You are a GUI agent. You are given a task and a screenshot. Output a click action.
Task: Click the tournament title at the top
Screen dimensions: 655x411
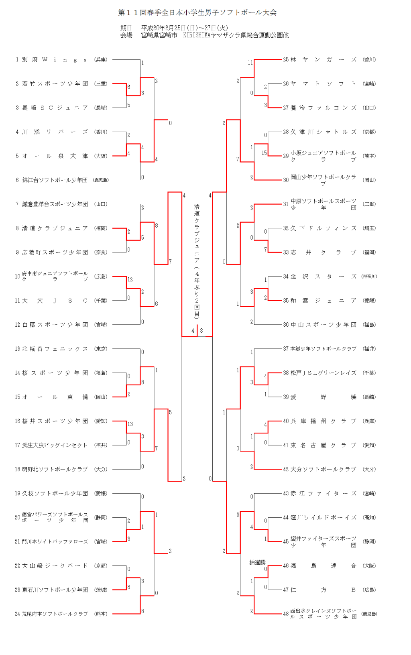coord(197,12)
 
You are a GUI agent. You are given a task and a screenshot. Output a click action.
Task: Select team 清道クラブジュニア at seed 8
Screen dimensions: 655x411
coord(55,228)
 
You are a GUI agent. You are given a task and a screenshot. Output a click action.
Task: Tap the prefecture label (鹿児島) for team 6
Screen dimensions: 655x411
coord(101,180)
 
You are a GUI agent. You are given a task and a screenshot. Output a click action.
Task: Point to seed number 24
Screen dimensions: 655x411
coord(17,614)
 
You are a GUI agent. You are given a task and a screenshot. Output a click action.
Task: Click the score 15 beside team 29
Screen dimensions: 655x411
coord(264,153)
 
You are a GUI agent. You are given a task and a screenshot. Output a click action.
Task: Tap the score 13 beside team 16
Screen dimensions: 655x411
coord(130,424)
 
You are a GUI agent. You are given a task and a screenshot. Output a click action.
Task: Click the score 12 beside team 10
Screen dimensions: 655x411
coord(130,279)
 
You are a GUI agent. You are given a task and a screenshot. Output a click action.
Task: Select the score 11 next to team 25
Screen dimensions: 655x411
coord(250,63)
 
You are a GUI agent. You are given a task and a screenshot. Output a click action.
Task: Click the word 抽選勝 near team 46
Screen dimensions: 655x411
coord(257,562)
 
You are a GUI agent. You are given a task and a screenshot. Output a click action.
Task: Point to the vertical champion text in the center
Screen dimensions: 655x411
coord(197,261)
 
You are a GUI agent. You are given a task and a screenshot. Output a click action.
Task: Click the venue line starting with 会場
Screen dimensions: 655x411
coord(204,35)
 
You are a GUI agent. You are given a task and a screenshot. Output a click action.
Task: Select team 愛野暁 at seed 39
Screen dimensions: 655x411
coord(323,397)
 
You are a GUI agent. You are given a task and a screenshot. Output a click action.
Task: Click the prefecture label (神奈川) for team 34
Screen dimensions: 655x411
coord(369,277)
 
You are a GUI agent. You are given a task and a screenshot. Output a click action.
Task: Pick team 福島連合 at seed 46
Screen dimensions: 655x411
coord(323,566)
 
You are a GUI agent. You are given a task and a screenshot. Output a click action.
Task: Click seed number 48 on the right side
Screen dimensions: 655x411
coord(286,614)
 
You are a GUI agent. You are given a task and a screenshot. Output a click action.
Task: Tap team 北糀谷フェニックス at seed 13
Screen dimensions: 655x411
coord(55,349)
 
